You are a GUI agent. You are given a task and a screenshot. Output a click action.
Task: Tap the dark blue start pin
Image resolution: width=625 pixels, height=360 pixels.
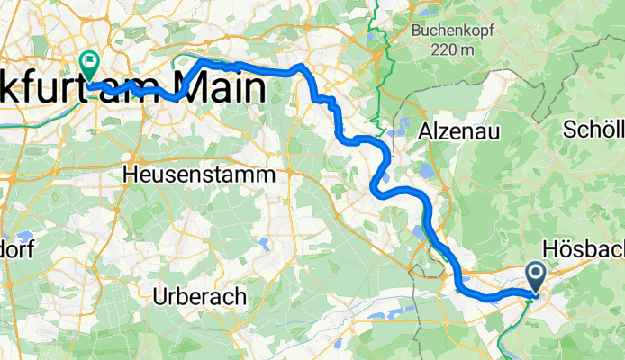pos(536,276)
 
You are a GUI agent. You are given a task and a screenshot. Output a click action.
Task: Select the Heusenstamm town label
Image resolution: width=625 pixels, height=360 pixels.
pos(199,174)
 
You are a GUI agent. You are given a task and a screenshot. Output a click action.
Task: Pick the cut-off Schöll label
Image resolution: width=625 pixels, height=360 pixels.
pos(594,130)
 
